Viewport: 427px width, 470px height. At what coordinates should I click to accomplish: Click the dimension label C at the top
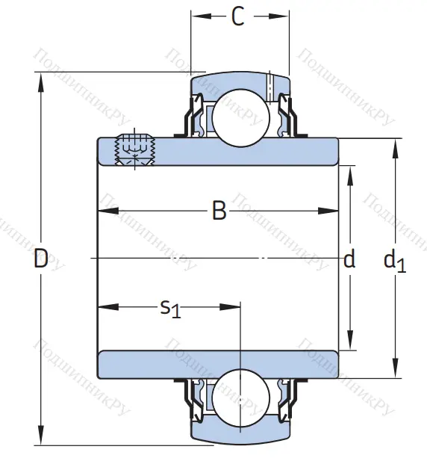pos(238,16)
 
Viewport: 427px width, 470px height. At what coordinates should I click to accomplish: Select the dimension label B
pos(219,211)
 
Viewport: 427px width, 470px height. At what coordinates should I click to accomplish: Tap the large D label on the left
pos(41,259)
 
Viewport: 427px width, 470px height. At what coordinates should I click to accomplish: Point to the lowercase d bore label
pos(349,260)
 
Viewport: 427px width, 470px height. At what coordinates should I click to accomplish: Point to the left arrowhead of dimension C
pos(196,16)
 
